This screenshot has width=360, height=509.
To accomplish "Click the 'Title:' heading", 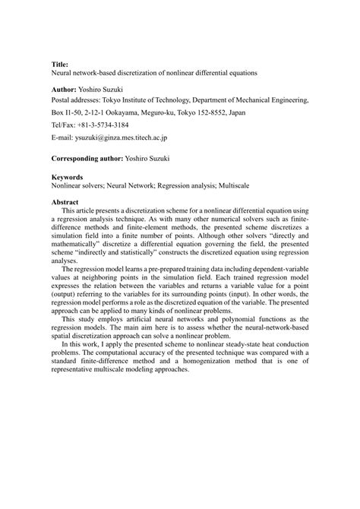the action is (x=60, y=65).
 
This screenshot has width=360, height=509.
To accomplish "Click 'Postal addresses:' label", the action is (x=81, y=100).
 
